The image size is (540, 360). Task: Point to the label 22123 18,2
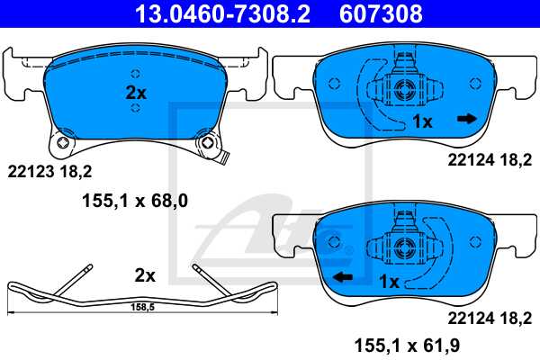49,169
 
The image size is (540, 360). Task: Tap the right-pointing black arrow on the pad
466,118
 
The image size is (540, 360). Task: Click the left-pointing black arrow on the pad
341,277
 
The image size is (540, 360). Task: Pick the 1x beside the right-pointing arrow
423,121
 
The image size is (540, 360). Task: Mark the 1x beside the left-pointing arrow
388,282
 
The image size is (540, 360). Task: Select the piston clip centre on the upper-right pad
402,87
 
